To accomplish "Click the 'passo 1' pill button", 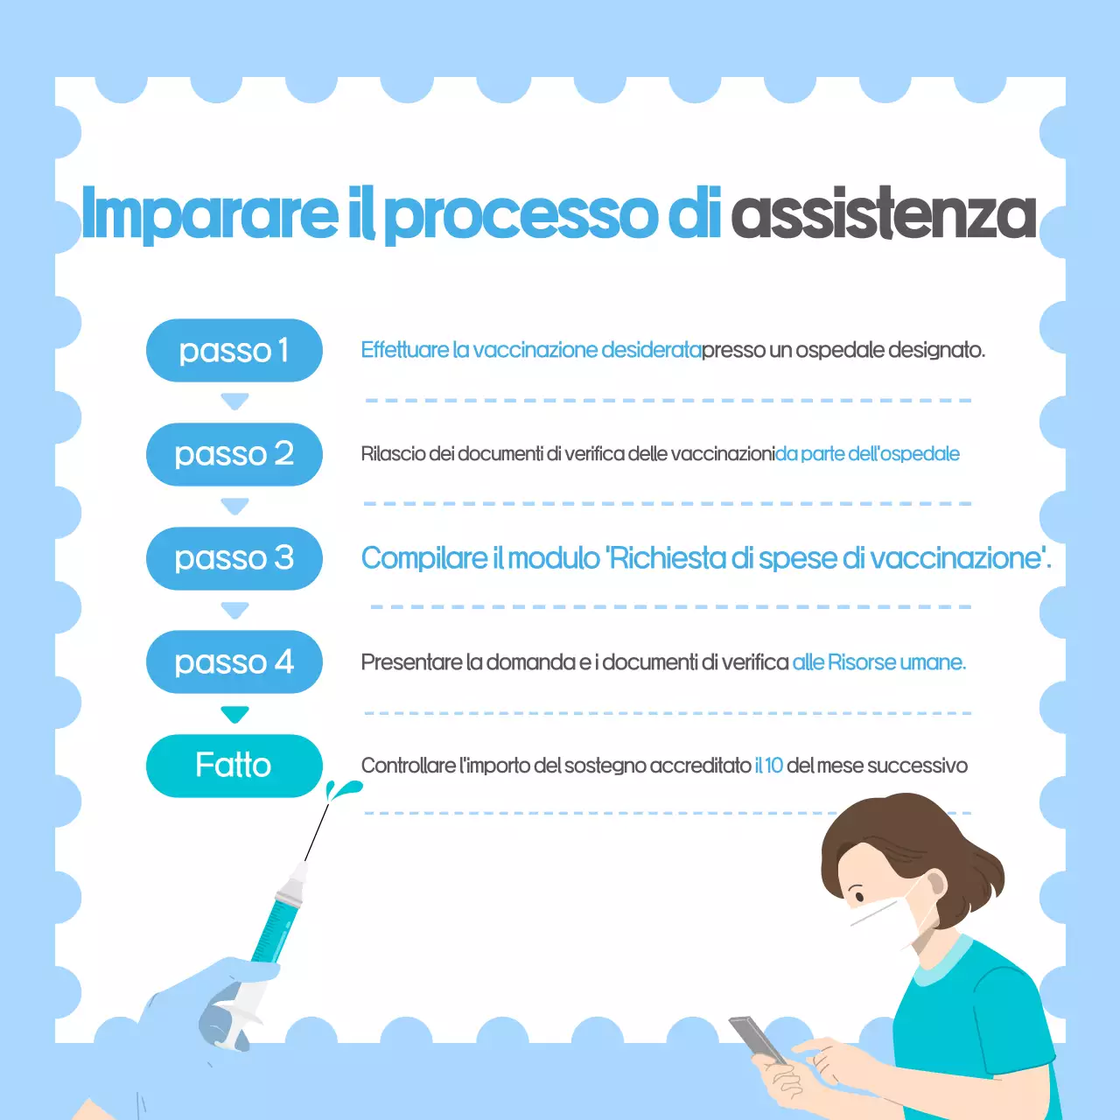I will (x=234, y=350).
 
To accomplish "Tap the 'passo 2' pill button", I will (x=234, y=454).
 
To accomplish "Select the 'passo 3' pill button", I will (x=234, y=558).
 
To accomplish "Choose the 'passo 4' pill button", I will (x=234, y=662).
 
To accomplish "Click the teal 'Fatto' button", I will (x=234, y=766).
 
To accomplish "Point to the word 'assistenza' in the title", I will (x=884, y=214).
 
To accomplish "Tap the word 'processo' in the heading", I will (x=521, y=214).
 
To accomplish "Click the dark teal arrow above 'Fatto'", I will (x=234, y=714).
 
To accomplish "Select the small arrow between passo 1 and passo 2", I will (x=234, y=402).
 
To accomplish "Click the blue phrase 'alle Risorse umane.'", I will (x=878, y=662).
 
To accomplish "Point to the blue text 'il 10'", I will (x=768, y=766).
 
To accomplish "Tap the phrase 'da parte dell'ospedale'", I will (x=867, y=454).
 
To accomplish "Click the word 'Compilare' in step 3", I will (x=424, y=558).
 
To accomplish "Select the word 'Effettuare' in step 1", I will (x=404, y=350).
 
